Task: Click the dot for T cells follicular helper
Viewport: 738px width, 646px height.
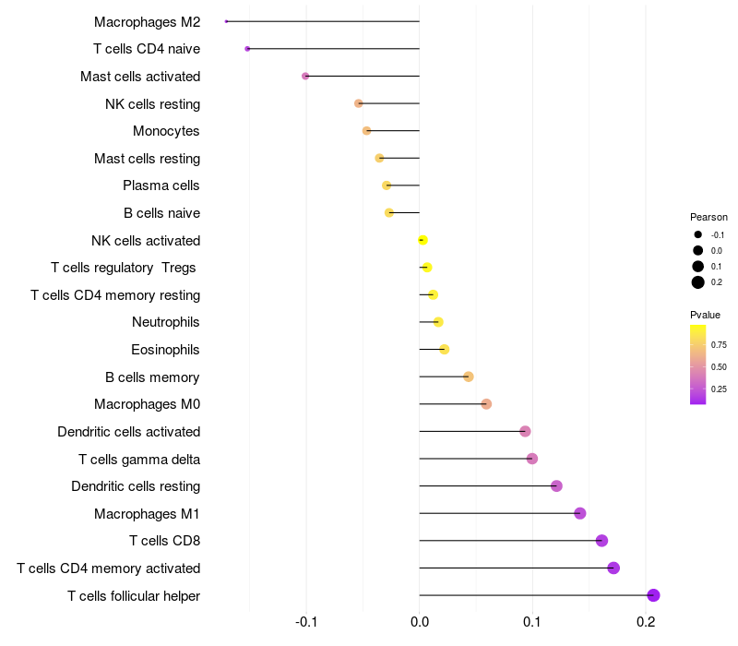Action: tap(653, 595)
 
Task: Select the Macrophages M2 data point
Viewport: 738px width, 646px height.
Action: tap(226, 21)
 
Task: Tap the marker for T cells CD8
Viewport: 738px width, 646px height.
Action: tap(601, 541)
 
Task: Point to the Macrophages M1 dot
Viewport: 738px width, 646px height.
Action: tap(579, 513)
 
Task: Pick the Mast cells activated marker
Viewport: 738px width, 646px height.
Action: tap(305, 77)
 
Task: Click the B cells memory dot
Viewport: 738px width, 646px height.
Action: tap(468, 377)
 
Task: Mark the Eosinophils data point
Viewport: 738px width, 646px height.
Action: tap(444, 349)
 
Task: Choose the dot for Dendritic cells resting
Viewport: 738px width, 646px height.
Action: tap(556, 486)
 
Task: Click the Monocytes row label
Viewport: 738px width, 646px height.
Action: tap(166, 131)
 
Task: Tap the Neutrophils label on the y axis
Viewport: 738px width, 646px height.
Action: tap(166, 322)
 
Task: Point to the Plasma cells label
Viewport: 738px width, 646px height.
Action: tap(161, 185)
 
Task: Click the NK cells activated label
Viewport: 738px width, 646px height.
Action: tap(146, 241)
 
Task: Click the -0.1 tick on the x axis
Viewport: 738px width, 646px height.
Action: tap(307, 623)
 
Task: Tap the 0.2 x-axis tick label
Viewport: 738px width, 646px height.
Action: tap(646, 623)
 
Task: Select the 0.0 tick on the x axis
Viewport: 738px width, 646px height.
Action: tap(420, 623)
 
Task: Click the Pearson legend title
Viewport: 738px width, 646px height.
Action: tap(708, 217)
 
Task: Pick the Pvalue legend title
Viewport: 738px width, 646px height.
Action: tap(706, 315)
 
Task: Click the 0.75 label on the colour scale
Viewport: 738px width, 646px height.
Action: tap(720, 345)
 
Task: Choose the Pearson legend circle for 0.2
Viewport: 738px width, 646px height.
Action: tap(698, 282)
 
